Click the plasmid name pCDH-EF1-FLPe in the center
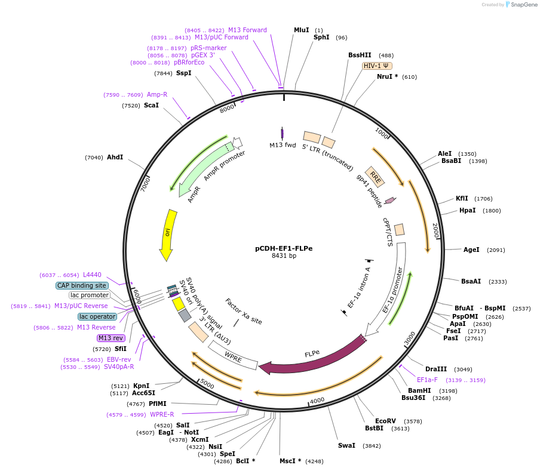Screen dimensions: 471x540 [284, 248]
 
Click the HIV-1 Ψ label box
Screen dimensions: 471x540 [377, 66]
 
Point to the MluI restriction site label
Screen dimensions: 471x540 [302, 30]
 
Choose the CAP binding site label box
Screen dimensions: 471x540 [82, 285]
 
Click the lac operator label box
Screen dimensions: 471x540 [97, 316]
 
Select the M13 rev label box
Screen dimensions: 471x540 [111, 338]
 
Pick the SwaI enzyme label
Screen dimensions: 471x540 [346, 445]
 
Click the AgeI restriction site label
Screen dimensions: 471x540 [471, 250]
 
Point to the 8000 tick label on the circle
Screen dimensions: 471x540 [228, 109]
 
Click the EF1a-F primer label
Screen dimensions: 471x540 [427, 380]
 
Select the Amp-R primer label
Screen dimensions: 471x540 [157, 94]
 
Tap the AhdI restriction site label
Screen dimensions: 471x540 [115, 158]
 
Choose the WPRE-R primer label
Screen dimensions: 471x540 [162, 414]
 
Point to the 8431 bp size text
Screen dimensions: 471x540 [284, 256]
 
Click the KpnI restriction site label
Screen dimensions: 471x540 [141, 386]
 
